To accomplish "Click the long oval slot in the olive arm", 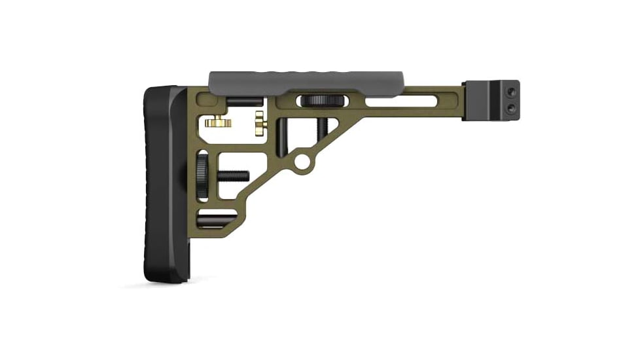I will tap(399, 102).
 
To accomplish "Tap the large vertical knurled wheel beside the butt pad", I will tap(202, 175).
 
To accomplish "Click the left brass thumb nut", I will tap(217, 122).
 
